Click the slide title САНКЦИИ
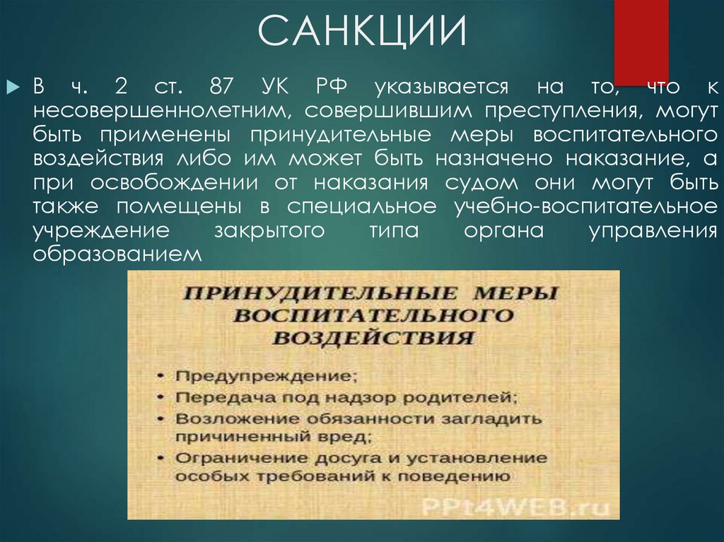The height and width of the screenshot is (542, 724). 363,30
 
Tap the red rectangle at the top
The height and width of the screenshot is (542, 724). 641,42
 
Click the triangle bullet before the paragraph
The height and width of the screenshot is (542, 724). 13,87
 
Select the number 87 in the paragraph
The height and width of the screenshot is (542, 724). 222,86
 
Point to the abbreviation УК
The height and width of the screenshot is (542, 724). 275,86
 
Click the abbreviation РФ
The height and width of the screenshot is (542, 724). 332,86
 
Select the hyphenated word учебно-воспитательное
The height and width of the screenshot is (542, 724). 586,206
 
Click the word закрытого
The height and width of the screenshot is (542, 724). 269,230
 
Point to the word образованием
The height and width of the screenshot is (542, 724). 117,254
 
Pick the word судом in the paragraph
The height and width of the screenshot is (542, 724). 481,183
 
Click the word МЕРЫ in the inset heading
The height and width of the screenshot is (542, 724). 516,294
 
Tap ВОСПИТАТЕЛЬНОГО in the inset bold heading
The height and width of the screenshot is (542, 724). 373,316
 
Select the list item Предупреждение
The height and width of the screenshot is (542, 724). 267,376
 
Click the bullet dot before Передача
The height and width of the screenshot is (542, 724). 160,397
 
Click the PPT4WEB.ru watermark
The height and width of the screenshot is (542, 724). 515,507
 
